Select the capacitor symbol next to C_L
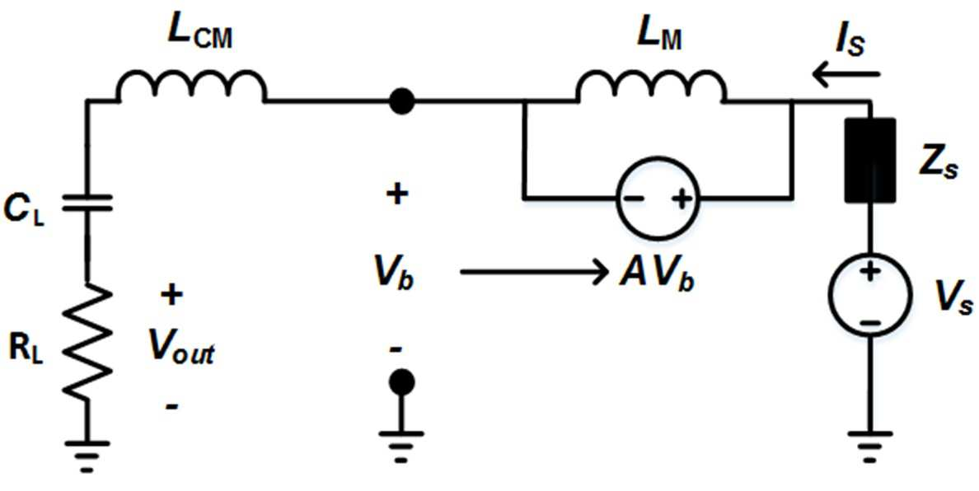(x=87, y=203)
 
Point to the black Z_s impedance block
(x=869, y=161)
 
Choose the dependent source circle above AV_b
(x=658, y=199)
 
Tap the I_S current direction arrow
(x=846, y=76)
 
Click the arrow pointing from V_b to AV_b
(x=535, y=271)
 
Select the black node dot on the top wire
(x=401, y=101)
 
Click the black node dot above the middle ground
(x=401, y=381)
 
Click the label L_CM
(x=199, y=37)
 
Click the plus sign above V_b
(x=397, y=194)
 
